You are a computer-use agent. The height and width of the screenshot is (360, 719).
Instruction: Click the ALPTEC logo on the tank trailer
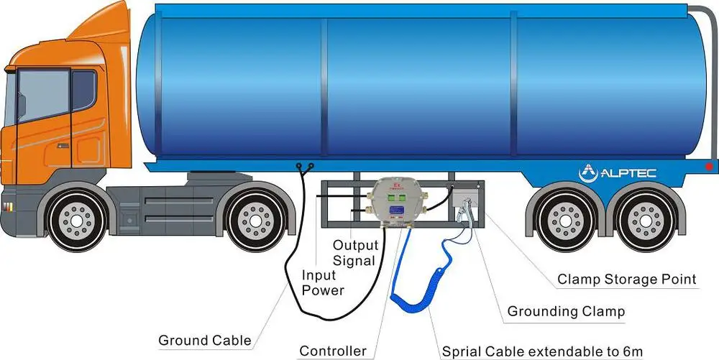617,172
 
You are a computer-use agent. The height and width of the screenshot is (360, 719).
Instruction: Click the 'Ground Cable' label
205,340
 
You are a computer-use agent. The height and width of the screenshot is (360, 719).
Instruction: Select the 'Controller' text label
332,351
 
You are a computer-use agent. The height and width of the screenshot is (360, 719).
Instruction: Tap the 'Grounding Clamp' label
566,312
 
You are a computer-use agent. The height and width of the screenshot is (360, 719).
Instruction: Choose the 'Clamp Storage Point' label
627,279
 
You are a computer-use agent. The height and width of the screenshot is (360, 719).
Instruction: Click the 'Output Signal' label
354,252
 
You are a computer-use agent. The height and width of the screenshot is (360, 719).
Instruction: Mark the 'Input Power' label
323,282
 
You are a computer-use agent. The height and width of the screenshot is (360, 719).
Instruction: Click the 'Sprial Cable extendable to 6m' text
541,351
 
